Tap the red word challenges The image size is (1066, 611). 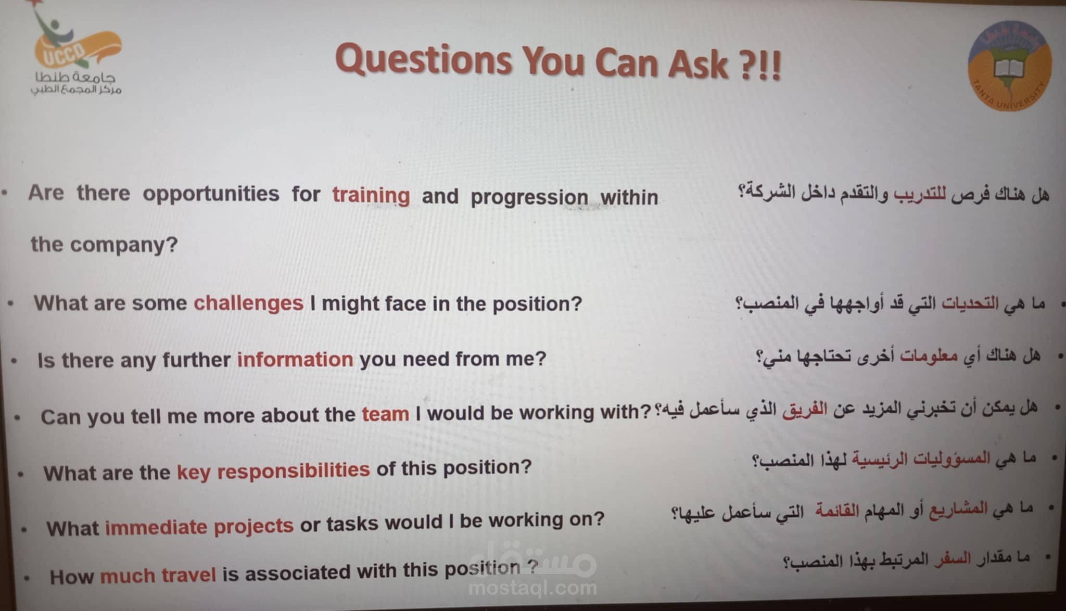248,303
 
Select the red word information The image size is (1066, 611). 295,359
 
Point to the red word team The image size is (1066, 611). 386,414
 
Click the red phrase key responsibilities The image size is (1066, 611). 273,471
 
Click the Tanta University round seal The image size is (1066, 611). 1009,66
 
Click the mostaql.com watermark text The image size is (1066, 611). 532,588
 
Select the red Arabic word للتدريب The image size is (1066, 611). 920,195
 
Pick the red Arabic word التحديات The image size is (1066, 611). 970,303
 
